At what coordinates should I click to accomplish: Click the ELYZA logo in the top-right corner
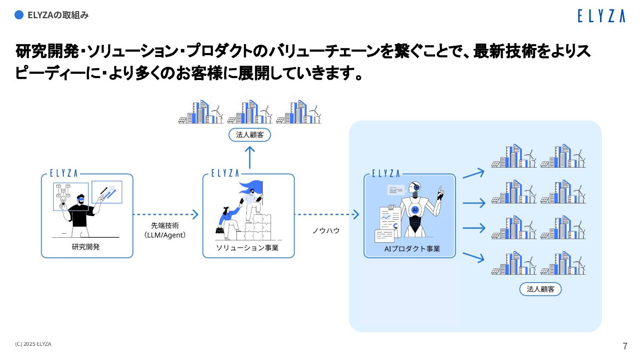pyautogui.click(x=601, y=16)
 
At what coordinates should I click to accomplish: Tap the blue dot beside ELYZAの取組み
pyautogui.click(x=19, y=15)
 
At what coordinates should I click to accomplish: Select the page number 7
pyautogui.click(x=625, y=346)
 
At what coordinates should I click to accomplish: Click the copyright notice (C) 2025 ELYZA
pyautogui.click(x=33, y=344)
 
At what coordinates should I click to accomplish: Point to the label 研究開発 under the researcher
pyautogui.click(x=86, y=247)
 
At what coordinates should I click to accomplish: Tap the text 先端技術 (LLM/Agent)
pyautogui.click(x=165, y=230)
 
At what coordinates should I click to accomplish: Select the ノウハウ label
pyautogui.click(x=326, y=231)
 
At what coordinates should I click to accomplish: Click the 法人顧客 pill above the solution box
pyautogui.click(x=249, y=135)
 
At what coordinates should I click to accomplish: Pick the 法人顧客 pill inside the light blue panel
pyautogui.click(x=540, y=289)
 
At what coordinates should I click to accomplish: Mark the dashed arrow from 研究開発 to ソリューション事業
pyautogui.click(x=165, y=215)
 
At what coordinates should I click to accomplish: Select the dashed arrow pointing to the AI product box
pyautogui.click(x=327, y=215)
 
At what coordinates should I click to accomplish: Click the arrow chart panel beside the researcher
pyautogui.click(x=107, y=192)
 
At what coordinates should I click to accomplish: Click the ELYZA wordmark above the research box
pyautogui.click(x=64, y=173)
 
